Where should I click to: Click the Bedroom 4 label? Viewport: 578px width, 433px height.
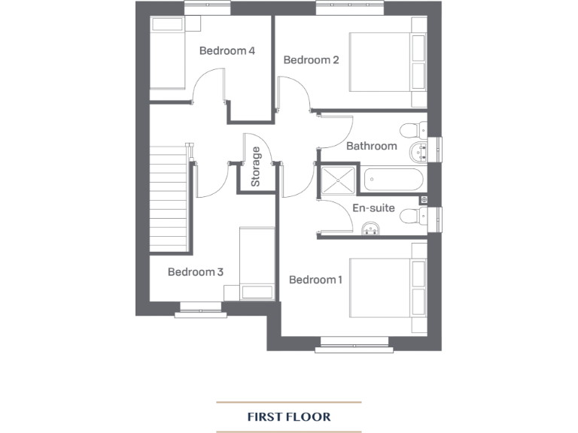tap(227, 51)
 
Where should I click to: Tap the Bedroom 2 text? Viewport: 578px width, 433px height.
tap(311, 60)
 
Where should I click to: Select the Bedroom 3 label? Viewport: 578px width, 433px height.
tap(196, 272)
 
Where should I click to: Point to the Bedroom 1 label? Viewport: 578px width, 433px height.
tap(316, 280)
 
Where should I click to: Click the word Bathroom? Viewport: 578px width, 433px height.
tap(371, 146)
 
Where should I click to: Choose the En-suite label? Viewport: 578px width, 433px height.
tap(373, 208)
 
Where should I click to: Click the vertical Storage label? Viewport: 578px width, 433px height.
tap(256, 167)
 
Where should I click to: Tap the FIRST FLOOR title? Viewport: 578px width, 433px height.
tap(289, 416)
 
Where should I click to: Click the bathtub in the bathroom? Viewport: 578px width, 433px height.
tap(393, 180)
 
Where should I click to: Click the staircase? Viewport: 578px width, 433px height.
tap(168, 199)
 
